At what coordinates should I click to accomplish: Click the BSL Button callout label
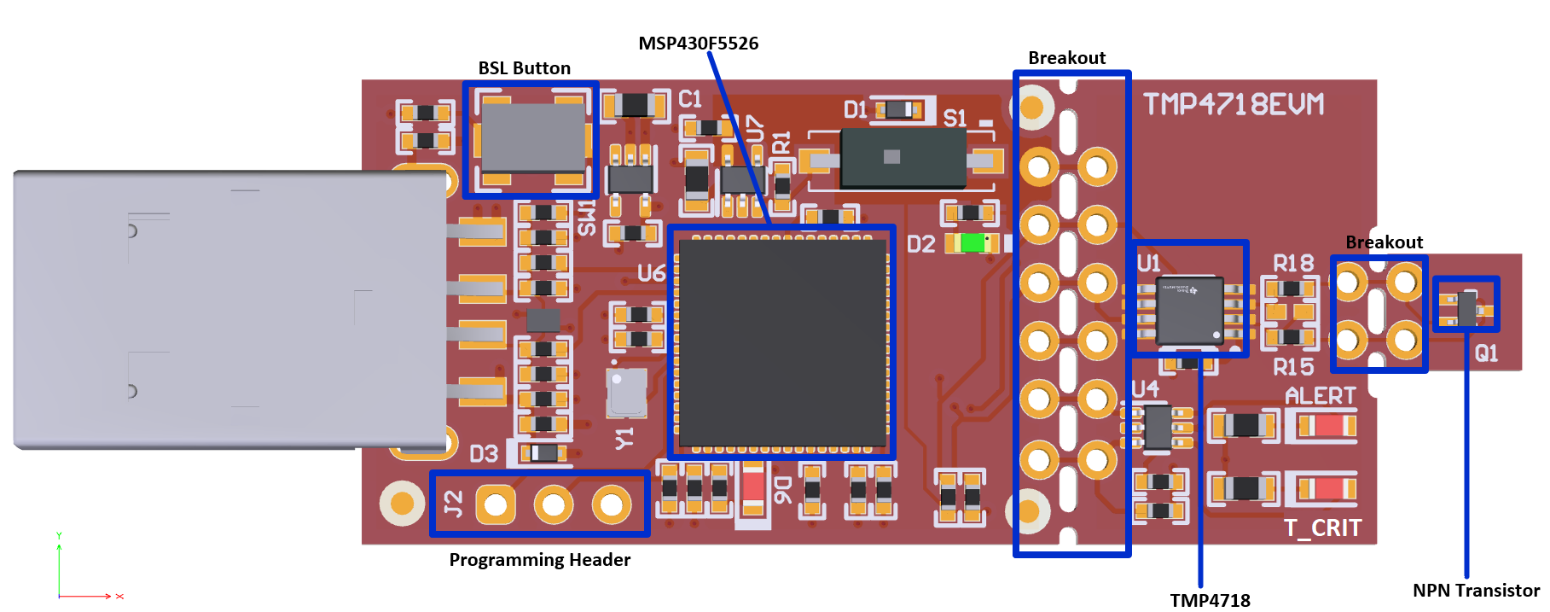click(x=524, y=68)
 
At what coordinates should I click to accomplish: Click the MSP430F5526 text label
click(x=698, y=44)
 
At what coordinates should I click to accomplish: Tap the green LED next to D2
click(x=972, y=243)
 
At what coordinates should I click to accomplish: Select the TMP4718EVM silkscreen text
click(x=1234, y=104)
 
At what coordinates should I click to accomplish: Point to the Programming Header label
click(x=539, y=560)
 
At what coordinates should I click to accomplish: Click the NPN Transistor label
click(x=1476, y=591)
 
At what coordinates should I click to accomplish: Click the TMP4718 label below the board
click(x=1210, y=600)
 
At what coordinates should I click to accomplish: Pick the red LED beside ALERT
click(x=1327, y=424)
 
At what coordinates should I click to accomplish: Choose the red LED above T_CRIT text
click(x=1327, y=488)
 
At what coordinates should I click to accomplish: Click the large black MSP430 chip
click(x=782, y=341)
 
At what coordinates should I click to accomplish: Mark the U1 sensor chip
click(x=1189, y=312)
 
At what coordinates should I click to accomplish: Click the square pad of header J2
click(x=495, y=505)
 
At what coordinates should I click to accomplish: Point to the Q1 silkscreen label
click(x=1486, y=353)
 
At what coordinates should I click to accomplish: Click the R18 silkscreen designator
click(x=1293, y=263)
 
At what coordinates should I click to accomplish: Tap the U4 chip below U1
click(x=1158, y=426)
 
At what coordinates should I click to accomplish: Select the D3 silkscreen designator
click(x=484, y=453)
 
